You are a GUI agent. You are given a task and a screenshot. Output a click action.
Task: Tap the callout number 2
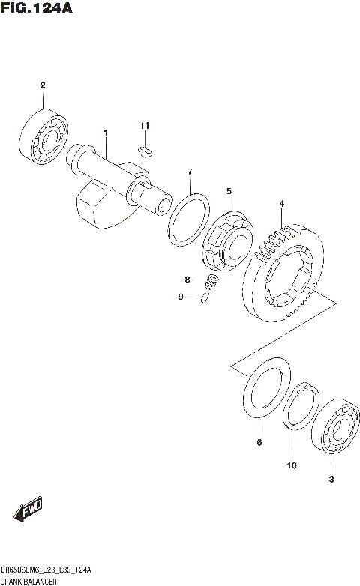click(43, 85)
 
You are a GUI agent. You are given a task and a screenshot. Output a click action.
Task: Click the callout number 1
click(106, 133)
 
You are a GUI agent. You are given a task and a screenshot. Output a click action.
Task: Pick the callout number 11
click(145, 124)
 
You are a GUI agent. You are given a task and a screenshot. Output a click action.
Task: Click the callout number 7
click(190, 172)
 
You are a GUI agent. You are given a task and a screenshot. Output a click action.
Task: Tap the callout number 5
click(229, 191)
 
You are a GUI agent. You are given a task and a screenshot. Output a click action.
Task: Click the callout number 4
click(281, 203)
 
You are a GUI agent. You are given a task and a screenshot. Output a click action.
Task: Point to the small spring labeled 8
click(212, 282)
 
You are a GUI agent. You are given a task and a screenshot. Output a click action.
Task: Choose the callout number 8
click(189, 280)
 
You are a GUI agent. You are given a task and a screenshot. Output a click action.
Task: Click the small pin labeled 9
click(205, 298)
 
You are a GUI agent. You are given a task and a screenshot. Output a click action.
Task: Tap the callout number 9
click(181, 297)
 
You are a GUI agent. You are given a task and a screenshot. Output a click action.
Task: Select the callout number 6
click(259, 443)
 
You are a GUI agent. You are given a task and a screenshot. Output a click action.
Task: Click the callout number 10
click(291, 465)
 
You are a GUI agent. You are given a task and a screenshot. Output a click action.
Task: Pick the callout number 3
click(331, 480)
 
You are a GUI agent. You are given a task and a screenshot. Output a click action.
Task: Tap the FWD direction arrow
click(27, 512)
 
